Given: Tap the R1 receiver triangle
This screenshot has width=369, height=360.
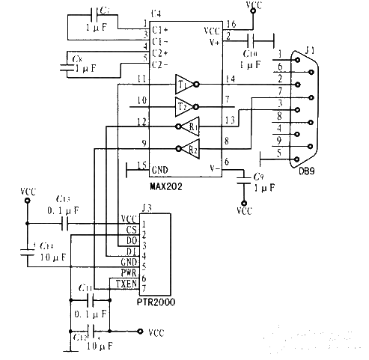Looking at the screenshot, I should coord(192,126).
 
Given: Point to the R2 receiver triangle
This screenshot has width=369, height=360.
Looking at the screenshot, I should coord(192,148).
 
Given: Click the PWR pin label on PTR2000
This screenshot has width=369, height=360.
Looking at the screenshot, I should coord(128,274).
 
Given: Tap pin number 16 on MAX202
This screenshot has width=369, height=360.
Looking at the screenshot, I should coord(231,25).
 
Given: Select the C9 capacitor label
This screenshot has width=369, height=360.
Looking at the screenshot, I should coord(258,177).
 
